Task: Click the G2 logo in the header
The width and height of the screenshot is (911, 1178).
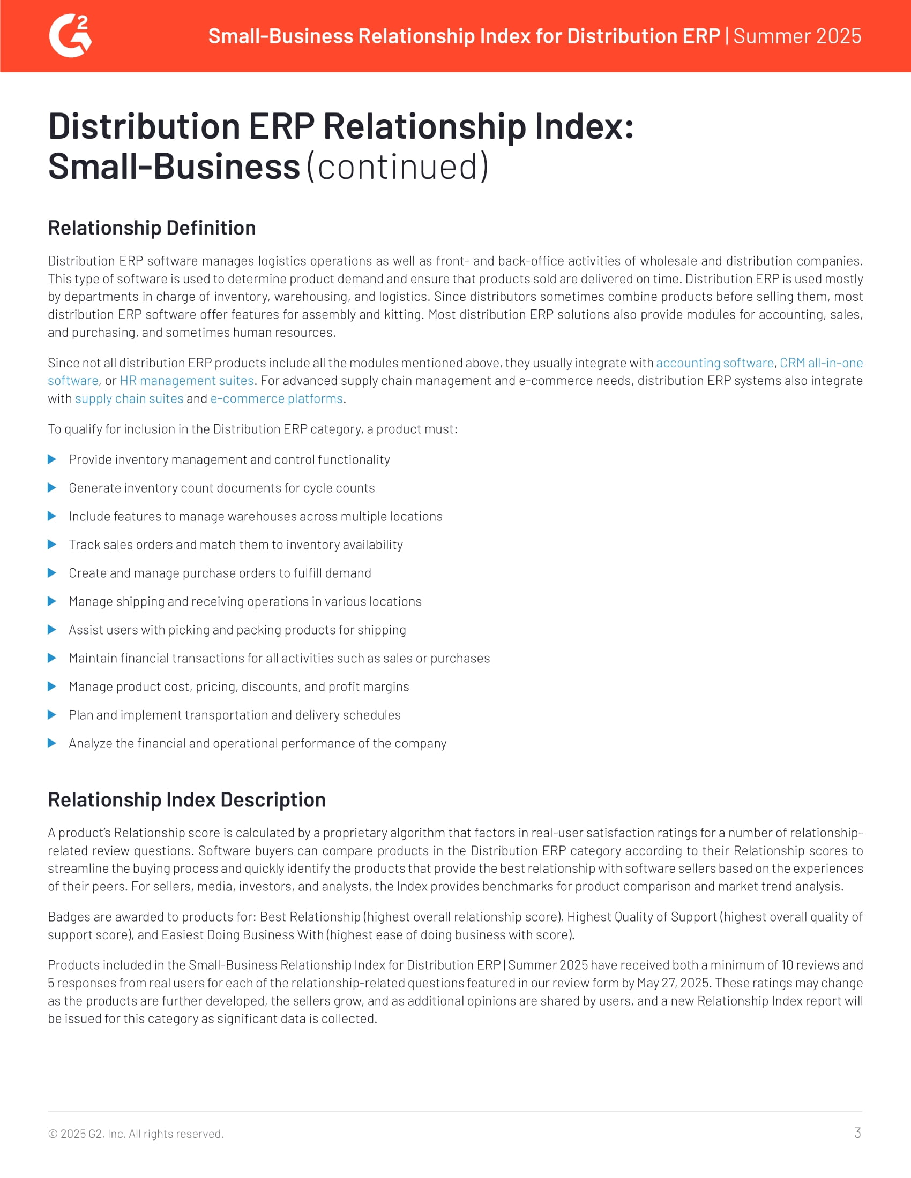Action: [70, 35]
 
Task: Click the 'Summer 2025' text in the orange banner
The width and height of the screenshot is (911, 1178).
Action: [797, 36]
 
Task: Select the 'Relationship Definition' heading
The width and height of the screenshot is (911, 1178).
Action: [152, 228]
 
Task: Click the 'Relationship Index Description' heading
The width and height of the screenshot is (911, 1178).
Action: [186, 799]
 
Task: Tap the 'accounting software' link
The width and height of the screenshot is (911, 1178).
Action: [714, 363]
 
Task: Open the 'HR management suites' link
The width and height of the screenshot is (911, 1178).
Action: [186, 381]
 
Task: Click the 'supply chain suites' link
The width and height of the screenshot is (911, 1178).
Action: [129, 398]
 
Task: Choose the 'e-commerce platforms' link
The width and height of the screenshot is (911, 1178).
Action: [277, 398]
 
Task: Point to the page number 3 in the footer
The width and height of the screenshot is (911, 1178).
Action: [857, 1132]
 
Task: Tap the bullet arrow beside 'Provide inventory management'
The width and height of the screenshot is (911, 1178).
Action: [52, 459]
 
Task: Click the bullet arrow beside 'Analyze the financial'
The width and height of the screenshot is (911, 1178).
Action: [52, 743]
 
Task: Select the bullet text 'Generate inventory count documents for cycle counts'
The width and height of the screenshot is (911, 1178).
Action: [221, 488]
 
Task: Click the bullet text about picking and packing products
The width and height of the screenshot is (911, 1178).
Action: [237, 630]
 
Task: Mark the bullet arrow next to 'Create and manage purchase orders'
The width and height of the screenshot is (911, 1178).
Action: [52, 573]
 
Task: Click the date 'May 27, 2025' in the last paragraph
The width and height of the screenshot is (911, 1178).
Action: [673, 983]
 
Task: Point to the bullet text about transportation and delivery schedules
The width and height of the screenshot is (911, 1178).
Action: [234, 715]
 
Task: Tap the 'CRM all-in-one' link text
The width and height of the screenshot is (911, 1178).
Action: [821, 363]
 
